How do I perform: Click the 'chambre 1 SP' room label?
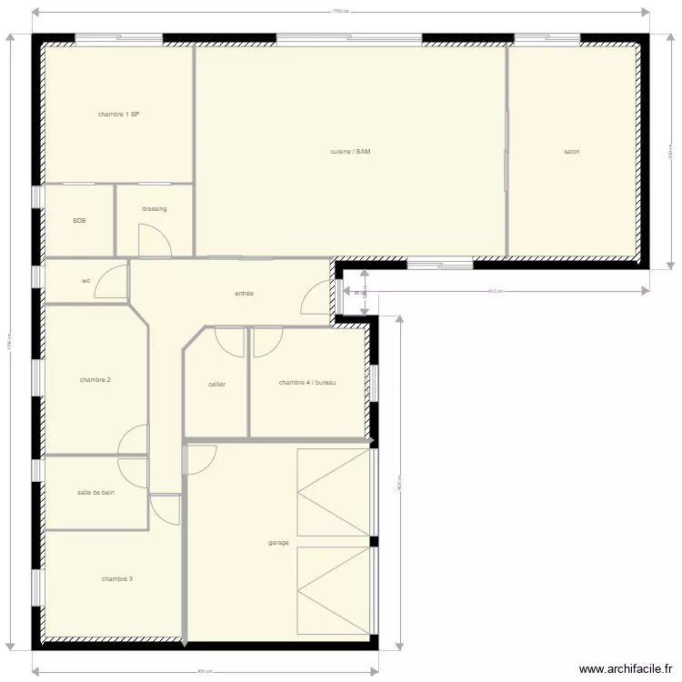click(x=118, y=115)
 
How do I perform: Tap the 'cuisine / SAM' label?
click(x=350, y=151)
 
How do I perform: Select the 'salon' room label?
click(x=571, y=152)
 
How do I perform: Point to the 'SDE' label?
click(x=79, y=220)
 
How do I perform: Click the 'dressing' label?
click(x=155, y=209)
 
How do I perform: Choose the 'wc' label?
click(x=86, y=281)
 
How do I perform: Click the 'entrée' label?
click(x=244, y=294)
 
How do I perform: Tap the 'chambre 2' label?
click(x=95, y=379)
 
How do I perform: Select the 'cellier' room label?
click(x=216, y=385)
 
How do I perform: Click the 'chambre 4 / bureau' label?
click(x=307, y=383)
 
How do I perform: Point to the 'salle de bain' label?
click(x=95, y=492)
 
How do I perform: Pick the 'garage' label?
click(x=278, y=543)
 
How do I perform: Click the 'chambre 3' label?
click(x=117, y=578)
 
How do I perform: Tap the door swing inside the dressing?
click(x=153, y=240)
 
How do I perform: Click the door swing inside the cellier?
click(x=230, y=341)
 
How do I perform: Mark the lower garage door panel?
click(x=333, y=591)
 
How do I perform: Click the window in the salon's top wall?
click(x=547, y=39)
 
